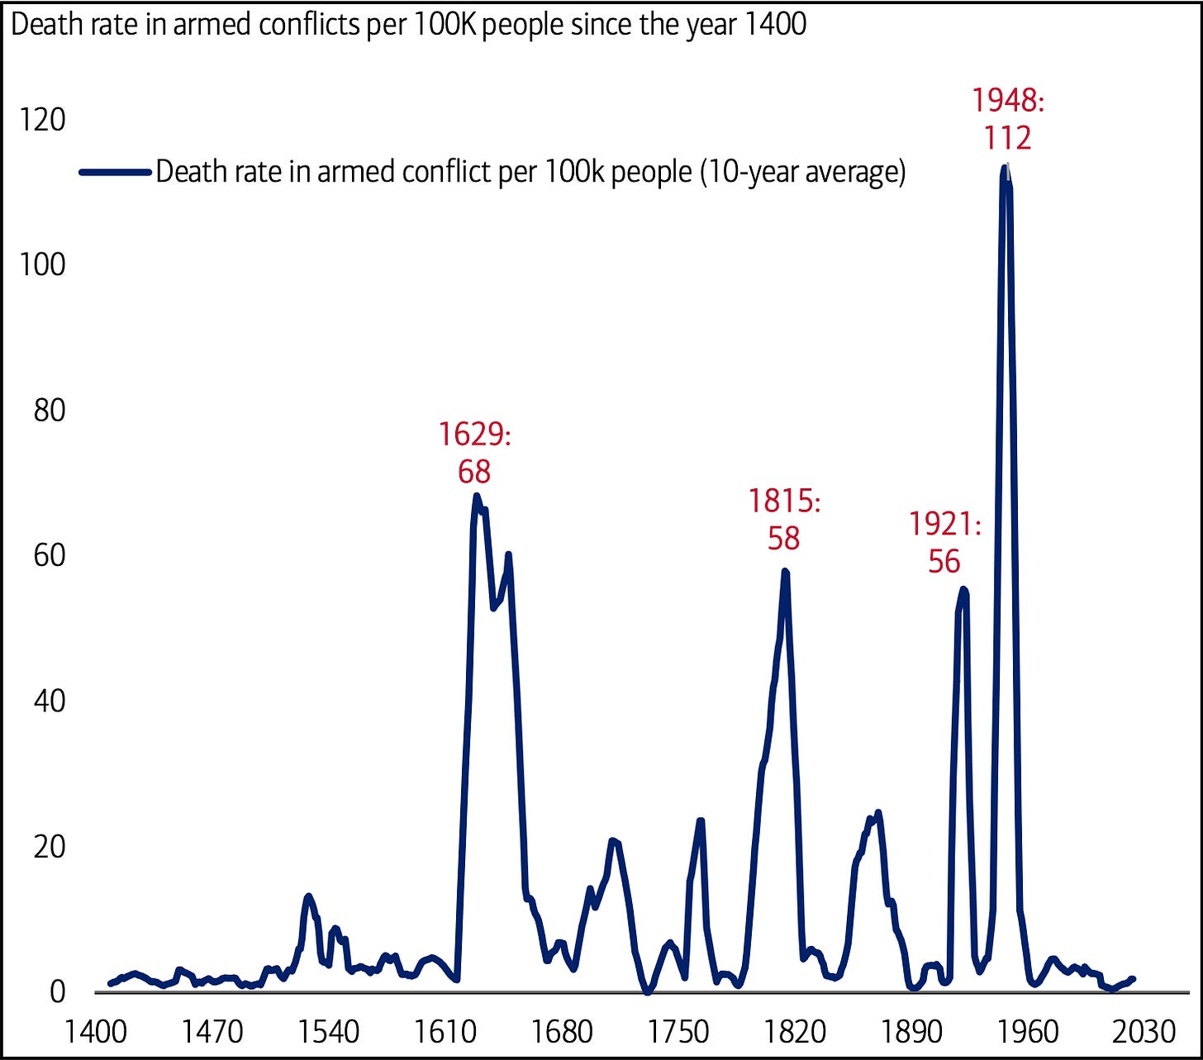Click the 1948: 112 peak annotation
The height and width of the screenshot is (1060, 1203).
coord(1008,119)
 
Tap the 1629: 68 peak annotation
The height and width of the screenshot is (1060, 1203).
coord(474,453)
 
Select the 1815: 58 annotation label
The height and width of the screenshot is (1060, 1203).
coord(784,520)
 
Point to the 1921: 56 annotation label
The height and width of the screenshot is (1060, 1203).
coord(944,543)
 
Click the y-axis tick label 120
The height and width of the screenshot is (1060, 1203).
coord(42,119)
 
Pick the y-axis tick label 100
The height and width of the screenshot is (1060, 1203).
coord(42,265)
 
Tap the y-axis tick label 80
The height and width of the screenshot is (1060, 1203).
coord(50,411)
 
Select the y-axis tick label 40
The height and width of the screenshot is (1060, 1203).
coord(50,701)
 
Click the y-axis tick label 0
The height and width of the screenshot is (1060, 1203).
coord(58,991)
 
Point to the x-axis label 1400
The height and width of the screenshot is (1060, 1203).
coord(95,1032)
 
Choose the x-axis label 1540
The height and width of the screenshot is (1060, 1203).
coord(328,1032)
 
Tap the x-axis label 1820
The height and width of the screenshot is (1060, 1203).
coord(795,1032)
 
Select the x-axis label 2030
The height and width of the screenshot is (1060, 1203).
coord(1144,1032)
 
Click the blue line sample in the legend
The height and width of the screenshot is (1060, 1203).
coord(115,172)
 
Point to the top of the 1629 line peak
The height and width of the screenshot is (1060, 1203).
coord(476,496)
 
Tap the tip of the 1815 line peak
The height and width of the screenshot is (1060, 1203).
coord(785,571)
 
